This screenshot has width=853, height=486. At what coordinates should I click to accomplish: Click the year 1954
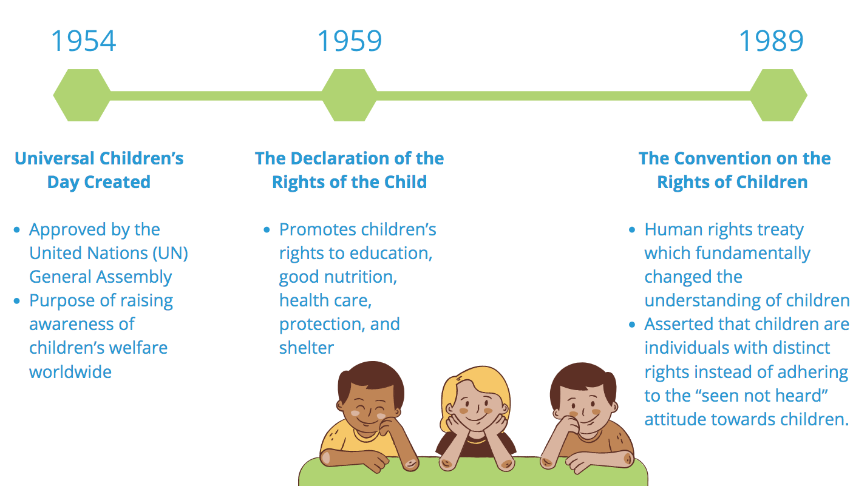point(83,41)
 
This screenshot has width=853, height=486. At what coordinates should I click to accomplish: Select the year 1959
point(350,41)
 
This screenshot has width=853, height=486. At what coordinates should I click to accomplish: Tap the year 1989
point(771,41)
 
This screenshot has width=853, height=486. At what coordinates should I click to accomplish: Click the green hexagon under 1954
point(82,95)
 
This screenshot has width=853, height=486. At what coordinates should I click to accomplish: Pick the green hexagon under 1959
point(350,95)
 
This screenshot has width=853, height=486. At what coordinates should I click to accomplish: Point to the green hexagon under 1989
point(778,95)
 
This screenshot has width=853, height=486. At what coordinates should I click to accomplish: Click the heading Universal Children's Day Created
point(99,170)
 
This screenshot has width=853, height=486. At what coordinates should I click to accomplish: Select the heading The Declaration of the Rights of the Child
point(350,170)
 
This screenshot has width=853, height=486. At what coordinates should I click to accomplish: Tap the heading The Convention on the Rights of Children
point(735,170)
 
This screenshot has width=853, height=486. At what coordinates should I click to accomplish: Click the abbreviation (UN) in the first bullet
point(170,254)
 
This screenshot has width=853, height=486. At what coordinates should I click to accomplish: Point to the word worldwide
point(70,372)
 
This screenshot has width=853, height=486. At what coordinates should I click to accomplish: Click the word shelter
point(307,348)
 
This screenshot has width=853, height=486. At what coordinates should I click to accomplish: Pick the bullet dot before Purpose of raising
point(17,301)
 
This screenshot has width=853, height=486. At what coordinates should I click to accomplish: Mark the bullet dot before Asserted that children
point(632,325)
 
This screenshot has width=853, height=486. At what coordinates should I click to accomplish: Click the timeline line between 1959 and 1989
point(563,95)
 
